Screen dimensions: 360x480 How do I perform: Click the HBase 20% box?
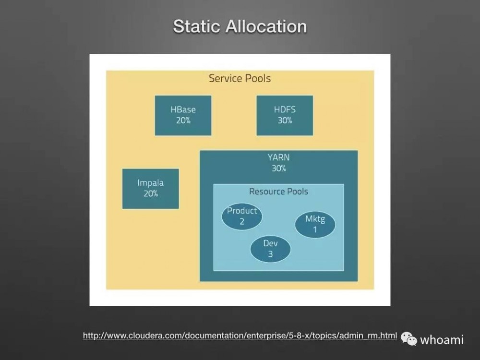click(183, 115)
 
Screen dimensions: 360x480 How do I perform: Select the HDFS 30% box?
click(285, 115)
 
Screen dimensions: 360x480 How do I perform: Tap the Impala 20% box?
click(150, 188)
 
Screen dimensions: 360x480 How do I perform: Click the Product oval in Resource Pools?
click(242, 216)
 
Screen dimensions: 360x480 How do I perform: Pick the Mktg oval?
click(315, 224)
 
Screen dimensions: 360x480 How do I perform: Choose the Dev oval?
click(270, 249)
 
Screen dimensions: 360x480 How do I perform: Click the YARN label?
click(278, 157)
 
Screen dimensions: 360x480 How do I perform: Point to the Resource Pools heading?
click(278, 192)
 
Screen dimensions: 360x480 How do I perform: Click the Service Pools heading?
click(240, 78)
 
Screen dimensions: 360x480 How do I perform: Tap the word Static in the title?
click(198, 26)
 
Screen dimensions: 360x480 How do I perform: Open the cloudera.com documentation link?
click(240, 336)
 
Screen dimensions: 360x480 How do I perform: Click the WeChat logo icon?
click(409, 339)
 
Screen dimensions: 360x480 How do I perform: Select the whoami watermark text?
click(442, 340)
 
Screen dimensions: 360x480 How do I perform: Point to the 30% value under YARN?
click(278, 168)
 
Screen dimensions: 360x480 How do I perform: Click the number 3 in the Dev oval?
click(270, 254)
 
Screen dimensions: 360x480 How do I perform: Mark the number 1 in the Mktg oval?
click(315, 229)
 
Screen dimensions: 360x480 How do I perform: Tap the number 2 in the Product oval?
click(242, 221)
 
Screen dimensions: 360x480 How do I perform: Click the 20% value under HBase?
click(183, 120)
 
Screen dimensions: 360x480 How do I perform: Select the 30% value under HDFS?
click(285, 120)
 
